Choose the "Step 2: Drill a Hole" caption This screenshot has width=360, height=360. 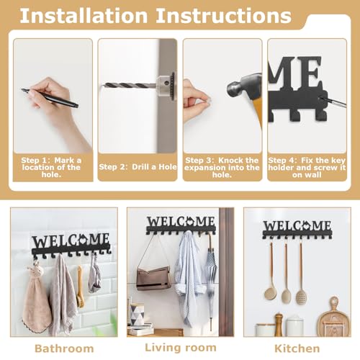click(136, 167)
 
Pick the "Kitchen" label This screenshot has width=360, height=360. click(296, 347)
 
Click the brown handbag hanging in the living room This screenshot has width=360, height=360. click(153, 276)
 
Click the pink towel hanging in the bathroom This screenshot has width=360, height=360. click(36, 302)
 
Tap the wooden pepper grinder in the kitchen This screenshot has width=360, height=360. click(278, 325)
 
